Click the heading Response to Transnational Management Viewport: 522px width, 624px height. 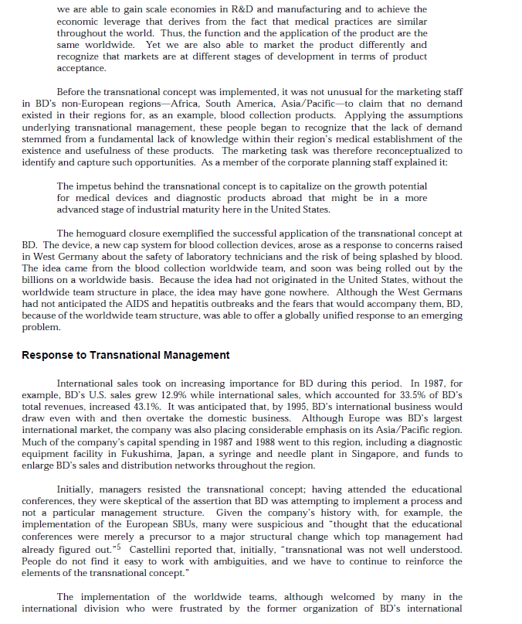click(125, 355)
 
